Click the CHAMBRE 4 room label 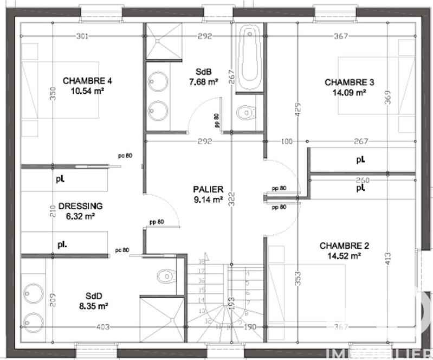point(87,81)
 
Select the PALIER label point(208,190)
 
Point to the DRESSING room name point(80,206)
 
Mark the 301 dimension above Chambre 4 point(82,37)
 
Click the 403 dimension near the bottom point(103,327)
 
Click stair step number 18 point(201,261)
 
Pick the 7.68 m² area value point(203,82)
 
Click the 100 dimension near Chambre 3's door point(287,142)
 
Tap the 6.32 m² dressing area point(80,215)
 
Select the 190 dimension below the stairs point(251,327)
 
